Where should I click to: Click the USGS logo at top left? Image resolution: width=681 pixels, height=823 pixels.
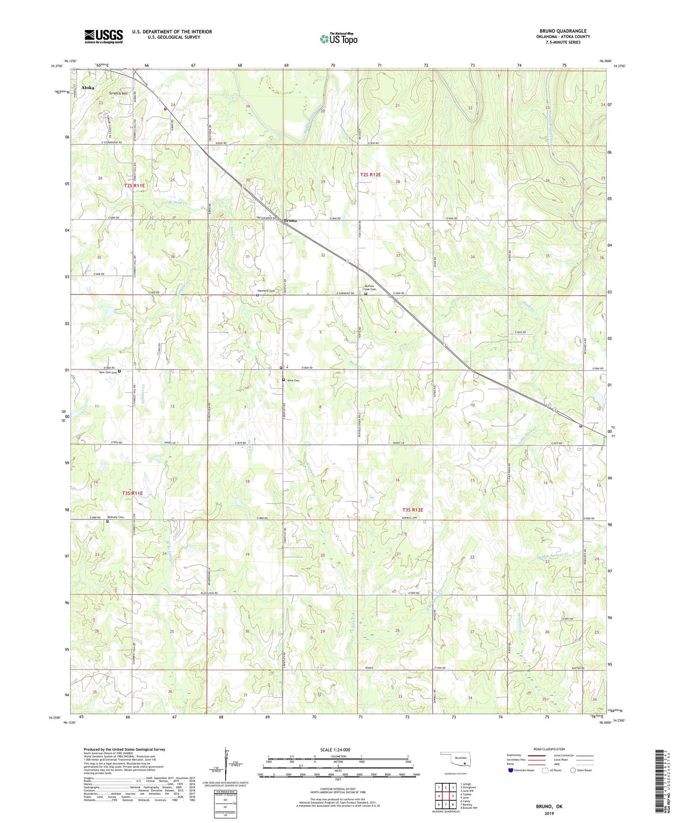pos(104,36)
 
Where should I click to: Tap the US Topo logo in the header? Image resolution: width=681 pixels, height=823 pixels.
pos(338,39)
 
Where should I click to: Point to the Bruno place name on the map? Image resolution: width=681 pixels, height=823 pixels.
pos(290,221)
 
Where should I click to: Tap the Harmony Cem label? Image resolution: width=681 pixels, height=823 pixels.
pos(266,291)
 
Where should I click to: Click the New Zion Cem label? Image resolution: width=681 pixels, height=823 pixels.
pos(107,372)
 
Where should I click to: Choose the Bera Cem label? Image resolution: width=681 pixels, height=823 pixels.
pos(293,380)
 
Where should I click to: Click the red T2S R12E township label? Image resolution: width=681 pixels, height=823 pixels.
pos(370,174)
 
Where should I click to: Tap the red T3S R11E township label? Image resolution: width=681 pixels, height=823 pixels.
pos(132,493)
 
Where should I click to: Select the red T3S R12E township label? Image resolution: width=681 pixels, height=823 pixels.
pos(412,510)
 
